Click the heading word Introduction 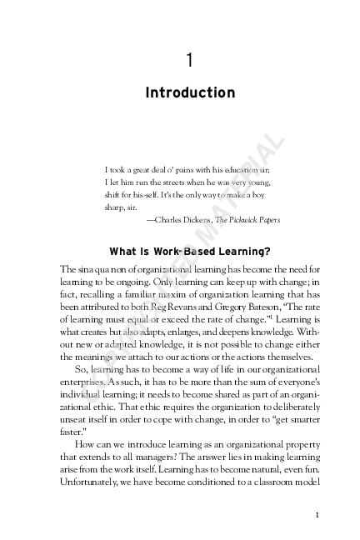click(190, 92)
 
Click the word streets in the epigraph click(176, 180)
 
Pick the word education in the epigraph click(242, 167)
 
